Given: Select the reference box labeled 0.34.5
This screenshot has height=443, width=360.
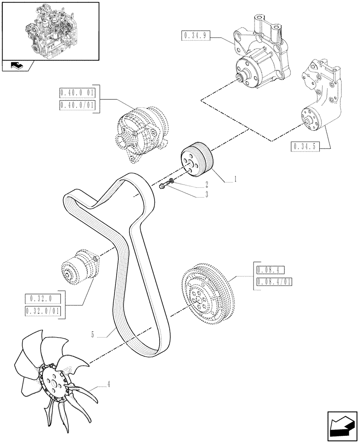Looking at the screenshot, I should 306,146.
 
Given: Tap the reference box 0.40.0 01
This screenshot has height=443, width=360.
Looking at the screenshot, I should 77,93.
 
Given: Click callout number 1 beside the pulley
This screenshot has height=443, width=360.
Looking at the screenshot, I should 235,179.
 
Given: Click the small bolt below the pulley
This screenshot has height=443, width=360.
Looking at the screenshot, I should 164,186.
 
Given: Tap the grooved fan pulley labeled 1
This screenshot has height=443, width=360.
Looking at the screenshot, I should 197,159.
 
